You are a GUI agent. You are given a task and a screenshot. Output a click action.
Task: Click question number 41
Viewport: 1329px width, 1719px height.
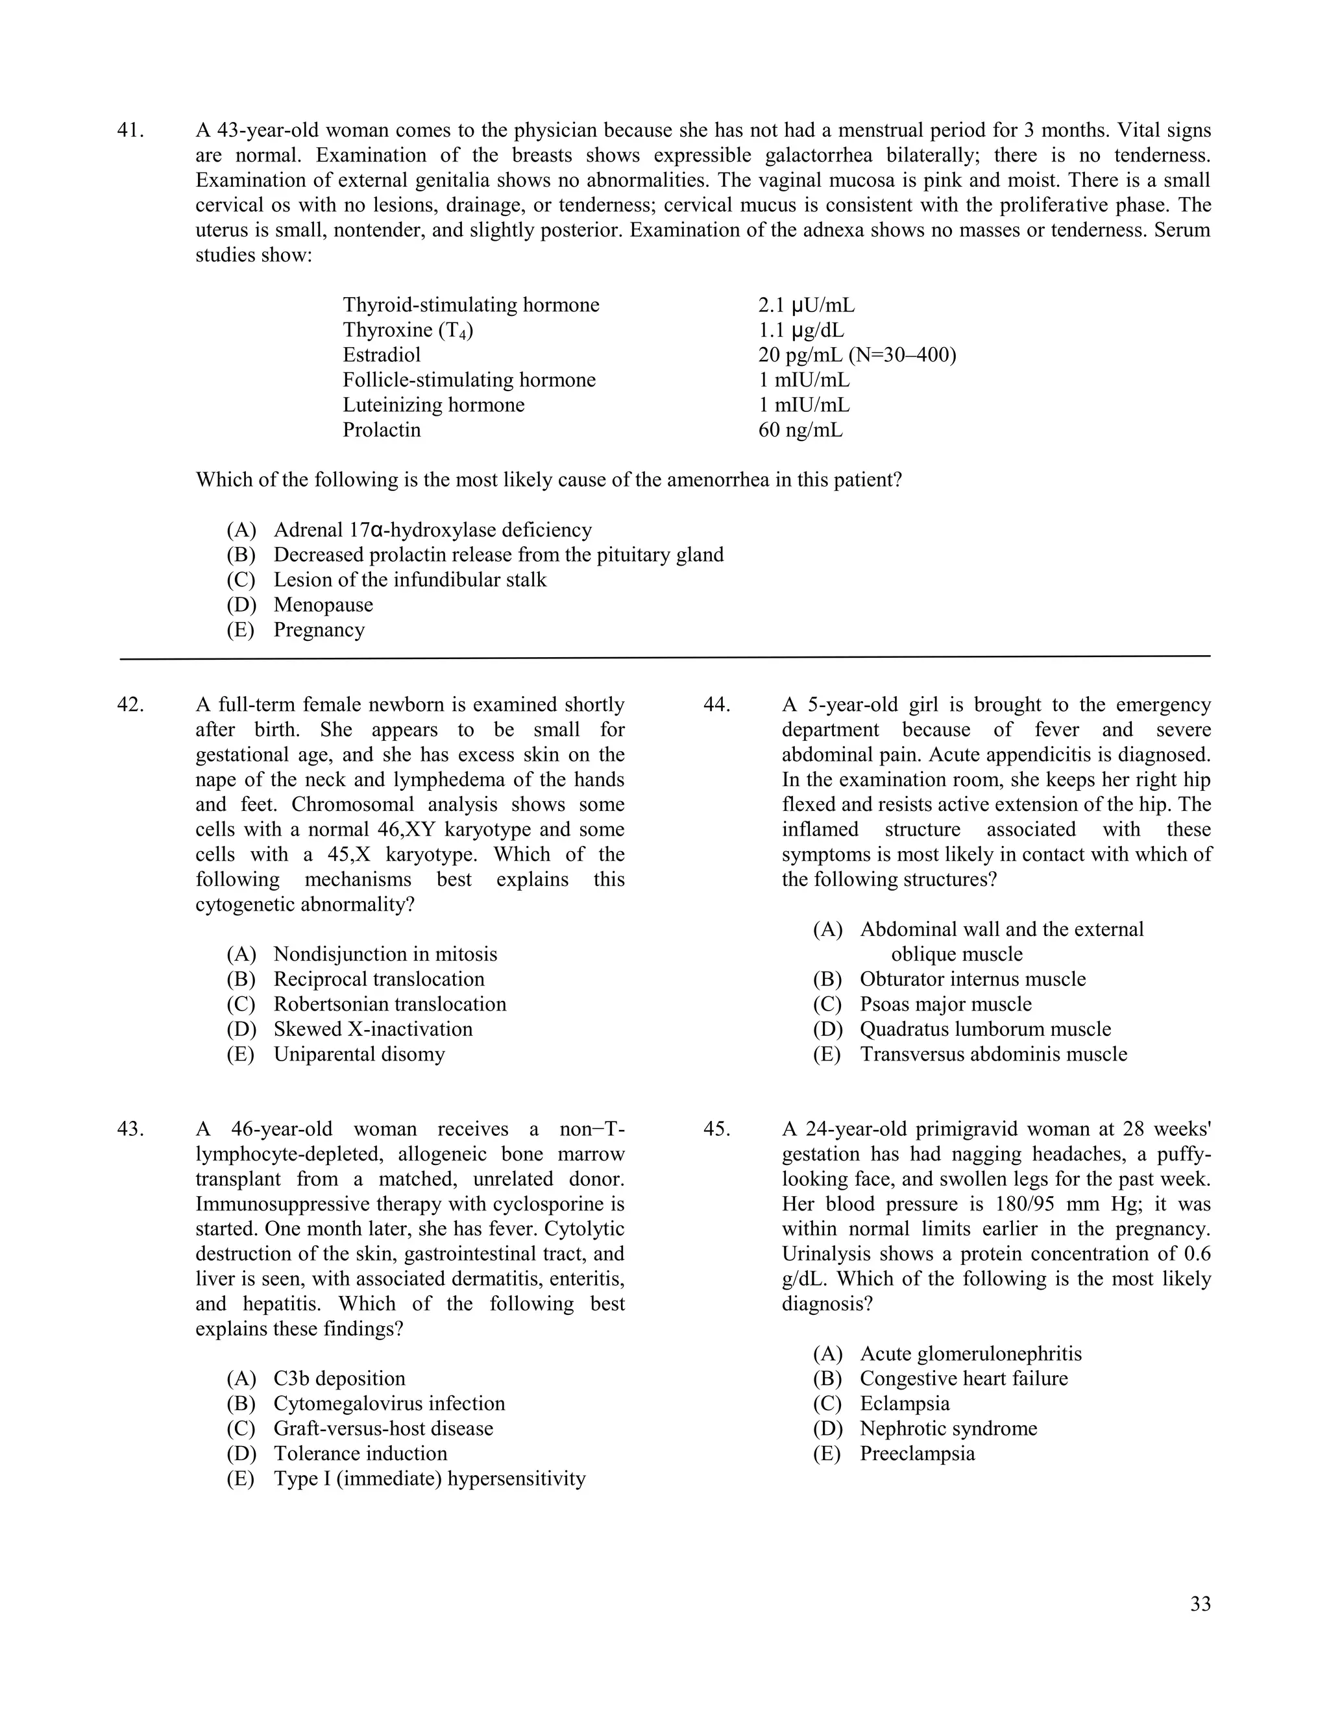click(130, 130)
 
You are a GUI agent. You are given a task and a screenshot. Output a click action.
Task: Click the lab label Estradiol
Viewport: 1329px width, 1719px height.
click(382, 355)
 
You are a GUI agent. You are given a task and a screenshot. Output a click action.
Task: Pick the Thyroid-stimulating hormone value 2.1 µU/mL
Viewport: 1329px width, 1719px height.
click(806, 306)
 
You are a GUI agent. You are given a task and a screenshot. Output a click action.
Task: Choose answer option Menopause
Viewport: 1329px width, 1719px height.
click(323, 605)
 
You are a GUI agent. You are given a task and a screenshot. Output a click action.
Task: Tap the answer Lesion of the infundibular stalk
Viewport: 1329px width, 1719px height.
click(409, 580)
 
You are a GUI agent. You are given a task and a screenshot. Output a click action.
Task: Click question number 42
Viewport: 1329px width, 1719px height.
click(130, 705)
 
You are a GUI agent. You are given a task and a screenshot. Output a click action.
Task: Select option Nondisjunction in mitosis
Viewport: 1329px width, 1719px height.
click(385, 955)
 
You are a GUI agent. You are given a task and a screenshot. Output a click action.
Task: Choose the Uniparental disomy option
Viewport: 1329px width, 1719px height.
click(359, 1055)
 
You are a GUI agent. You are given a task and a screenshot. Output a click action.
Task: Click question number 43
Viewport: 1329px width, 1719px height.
click(130, 1129)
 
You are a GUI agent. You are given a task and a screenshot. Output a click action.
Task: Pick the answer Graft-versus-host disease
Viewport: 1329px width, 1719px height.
click(383, 1428)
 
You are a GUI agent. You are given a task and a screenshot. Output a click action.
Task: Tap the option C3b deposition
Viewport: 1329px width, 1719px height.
click(339, 1379)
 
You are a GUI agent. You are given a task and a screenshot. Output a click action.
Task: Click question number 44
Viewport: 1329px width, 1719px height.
click(716, 705)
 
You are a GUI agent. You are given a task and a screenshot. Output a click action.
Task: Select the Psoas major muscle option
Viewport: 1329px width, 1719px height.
click(945, 1004)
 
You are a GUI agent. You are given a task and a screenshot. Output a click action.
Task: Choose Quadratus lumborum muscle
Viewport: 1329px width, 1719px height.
click(985, 1029)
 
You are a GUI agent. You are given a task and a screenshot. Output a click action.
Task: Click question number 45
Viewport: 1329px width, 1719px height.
click(716, 1129)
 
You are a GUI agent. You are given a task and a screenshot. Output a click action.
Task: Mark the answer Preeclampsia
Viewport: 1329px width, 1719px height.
click(916, 1454)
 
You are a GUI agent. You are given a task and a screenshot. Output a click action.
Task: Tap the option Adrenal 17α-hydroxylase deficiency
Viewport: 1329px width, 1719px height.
click(432, 531)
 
